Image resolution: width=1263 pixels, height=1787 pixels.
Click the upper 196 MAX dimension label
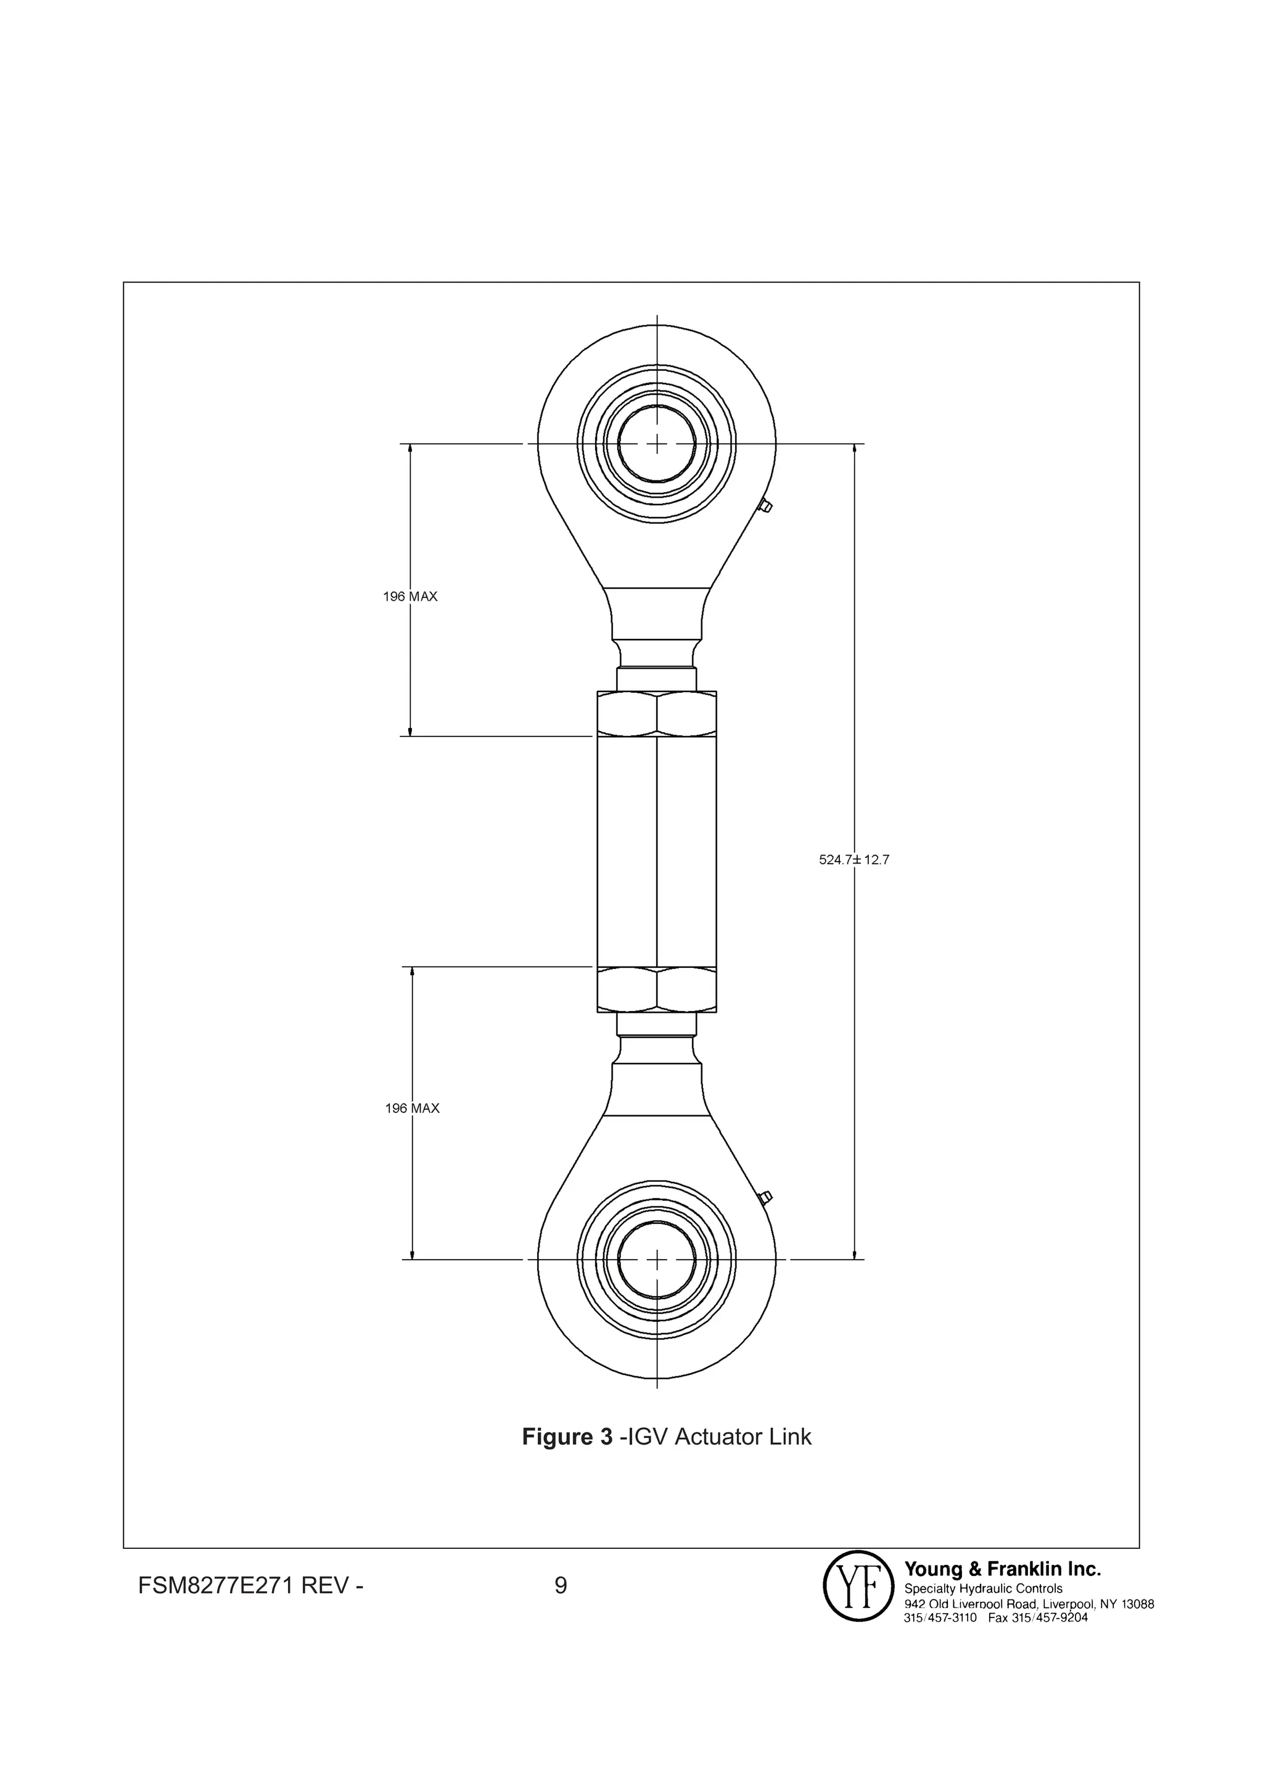click(409, 597)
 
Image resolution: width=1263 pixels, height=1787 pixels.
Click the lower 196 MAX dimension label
click(412, 1108)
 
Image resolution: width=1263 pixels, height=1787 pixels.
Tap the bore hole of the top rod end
click(657, 444)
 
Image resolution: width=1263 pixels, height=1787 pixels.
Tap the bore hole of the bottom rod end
click(657, 1260)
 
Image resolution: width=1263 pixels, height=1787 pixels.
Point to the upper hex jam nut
click(657, 713)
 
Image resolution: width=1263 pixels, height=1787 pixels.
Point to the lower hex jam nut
click(657, 989)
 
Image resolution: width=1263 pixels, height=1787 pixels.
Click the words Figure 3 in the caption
click(567, 1437)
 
